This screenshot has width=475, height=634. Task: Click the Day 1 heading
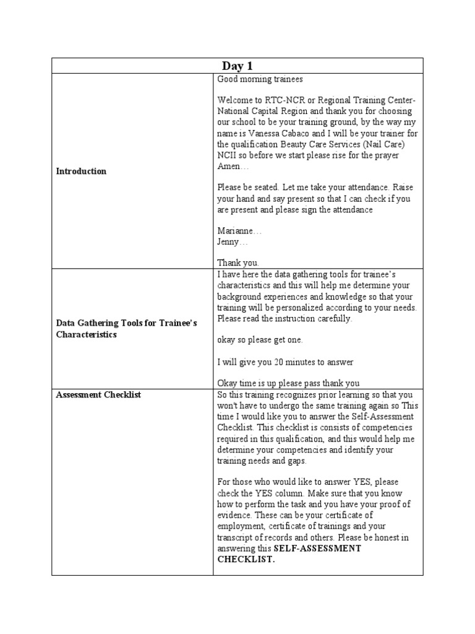(237, 66)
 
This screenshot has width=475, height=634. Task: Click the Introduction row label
(80, 172)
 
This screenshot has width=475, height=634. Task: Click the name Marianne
(239, 231)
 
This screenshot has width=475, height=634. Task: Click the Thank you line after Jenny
(238, 263)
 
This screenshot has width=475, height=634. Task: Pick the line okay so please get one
(260, 341)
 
